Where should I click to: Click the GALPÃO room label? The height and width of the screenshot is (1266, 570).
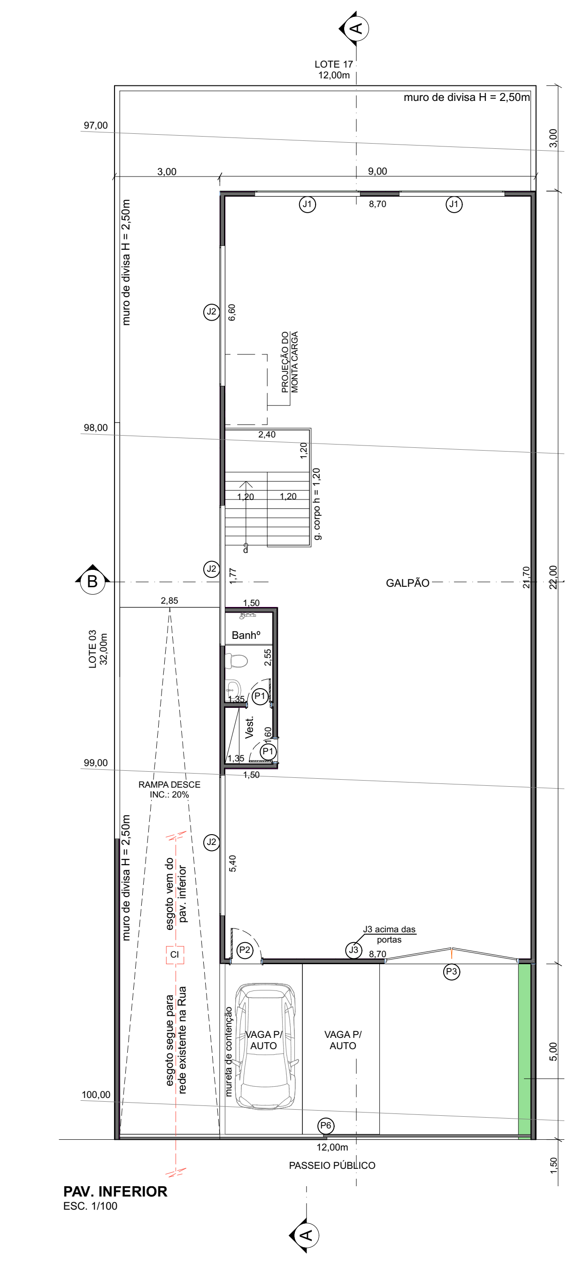408,583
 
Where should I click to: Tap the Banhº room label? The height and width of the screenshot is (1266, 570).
246,635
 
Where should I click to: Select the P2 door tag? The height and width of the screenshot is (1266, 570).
245,950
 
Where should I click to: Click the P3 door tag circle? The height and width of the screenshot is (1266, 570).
452,972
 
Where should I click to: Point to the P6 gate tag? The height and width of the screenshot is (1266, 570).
326,1126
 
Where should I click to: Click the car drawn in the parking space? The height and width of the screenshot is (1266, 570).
265,1046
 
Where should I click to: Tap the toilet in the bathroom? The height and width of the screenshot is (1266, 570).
236,660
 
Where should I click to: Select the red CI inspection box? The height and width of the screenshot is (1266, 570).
175,954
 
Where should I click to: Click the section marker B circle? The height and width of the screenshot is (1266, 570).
92,582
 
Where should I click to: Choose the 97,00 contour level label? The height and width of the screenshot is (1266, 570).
95,125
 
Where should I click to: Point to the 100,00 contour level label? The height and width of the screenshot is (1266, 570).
96,1095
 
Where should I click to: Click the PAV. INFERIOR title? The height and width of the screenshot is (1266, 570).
116,1191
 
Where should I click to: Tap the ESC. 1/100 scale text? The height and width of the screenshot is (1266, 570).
91,1206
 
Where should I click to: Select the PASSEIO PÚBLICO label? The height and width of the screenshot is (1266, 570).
332,1165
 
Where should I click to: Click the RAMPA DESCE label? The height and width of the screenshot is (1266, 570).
169,784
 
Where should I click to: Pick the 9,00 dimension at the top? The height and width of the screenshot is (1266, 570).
377,171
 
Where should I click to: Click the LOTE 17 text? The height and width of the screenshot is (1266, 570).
334,64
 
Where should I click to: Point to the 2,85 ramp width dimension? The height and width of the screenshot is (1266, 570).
169,600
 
